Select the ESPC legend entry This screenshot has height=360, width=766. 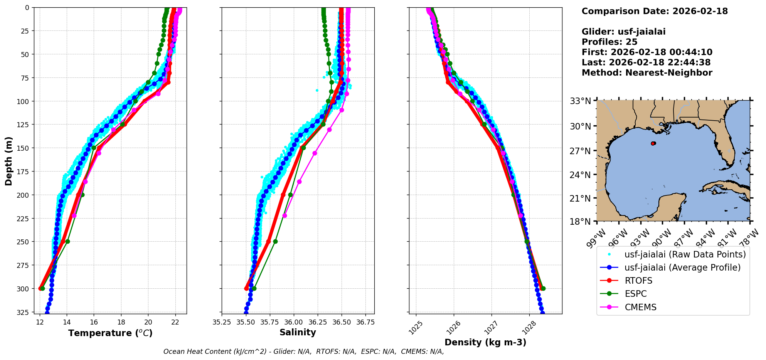click(636, 294)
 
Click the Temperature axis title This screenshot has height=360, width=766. click(110, 333)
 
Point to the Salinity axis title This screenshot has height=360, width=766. click(298, 333)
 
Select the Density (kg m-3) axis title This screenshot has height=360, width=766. click(485, 342)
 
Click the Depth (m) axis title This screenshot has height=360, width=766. click(9, 161)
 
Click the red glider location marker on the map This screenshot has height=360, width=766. click(653, 143)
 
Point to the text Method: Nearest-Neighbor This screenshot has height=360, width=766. click(646, 73)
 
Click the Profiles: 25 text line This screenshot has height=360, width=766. click(609, 42)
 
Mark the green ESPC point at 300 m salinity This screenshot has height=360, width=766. click(254, 288)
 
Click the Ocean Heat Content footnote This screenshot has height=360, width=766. click(303, 352)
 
